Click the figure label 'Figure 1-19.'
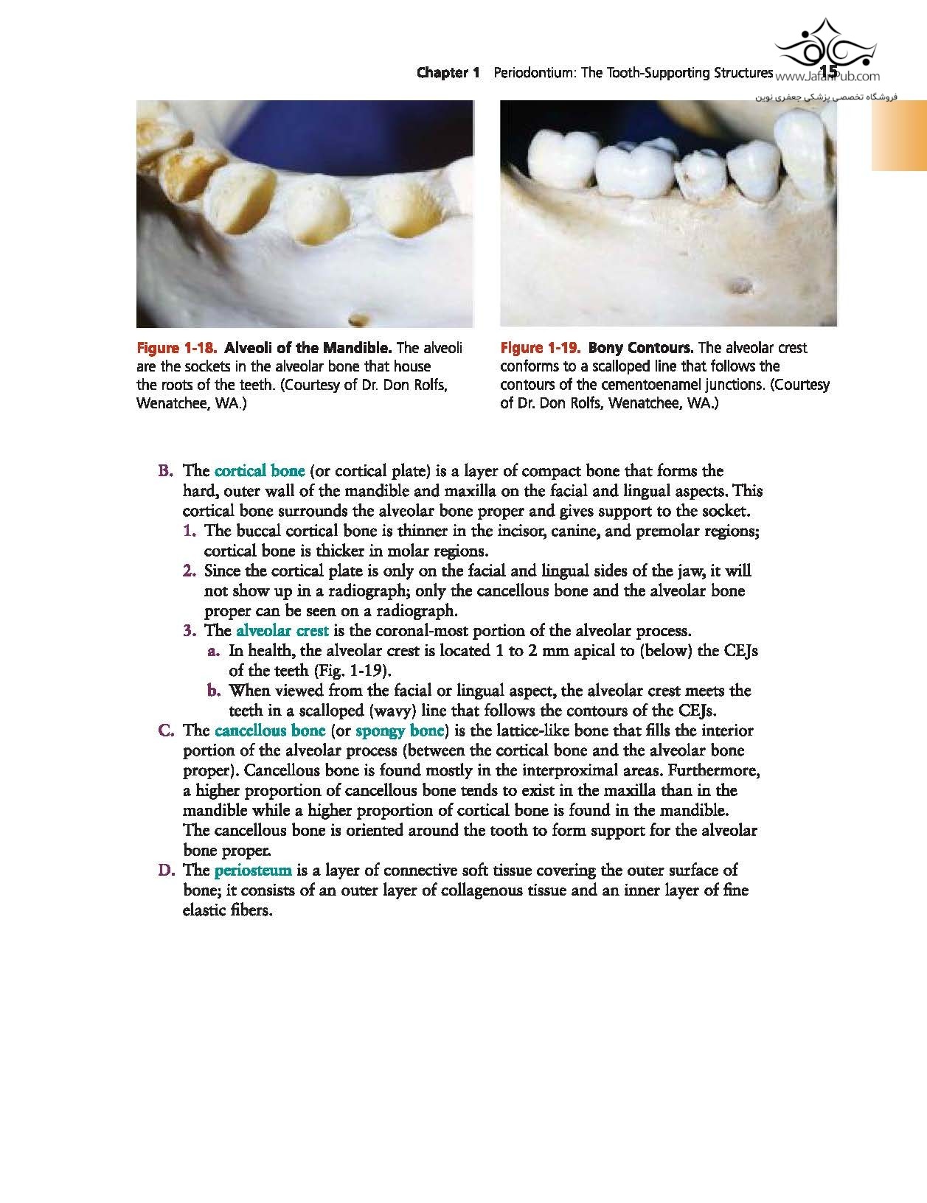pyautogui.click(x=541, y=348)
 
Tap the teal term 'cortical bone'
pyautogui.click(x=260, y=470)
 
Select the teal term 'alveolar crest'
pyautogui.click(x=282, y=630)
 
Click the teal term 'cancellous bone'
pyautogui.click(x=270, y=730)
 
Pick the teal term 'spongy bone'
pyautogui.click(x=400, y=730)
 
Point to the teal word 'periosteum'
pyautogui.click(x=253, y=871)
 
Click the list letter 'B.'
pyautogui.click(x=166, y=470)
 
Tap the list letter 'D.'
pyautogui.click(x=166, y=871)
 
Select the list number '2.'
pyautogui.click(x=190, y=571)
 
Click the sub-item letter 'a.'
pyautogui.click(x=214, y=651)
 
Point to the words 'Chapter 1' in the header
pyautogui.click(x=448, y=72)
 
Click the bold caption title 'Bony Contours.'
pyautogui.click(x=641, y=348)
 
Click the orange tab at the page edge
pyautogui.click(x=899, y=136)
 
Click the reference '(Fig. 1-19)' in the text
pyautogui.click(x=353, y=671)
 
